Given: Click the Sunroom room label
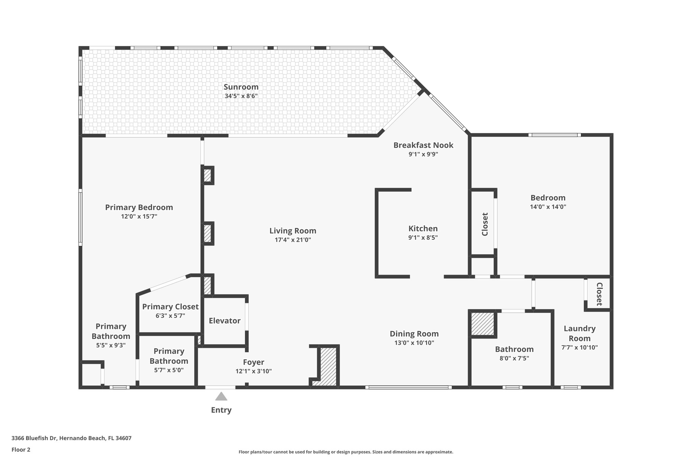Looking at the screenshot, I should tap(241, 87).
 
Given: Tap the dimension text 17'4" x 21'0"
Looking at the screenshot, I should tap(293, 240).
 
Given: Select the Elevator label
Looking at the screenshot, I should tap(224, 321).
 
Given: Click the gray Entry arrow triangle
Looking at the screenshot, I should tap(221, 396).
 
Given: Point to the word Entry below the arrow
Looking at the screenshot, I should tap(221, 410).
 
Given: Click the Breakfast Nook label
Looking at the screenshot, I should tap(423, 145).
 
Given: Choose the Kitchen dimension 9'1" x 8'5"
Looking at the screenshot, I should tap(423, 237).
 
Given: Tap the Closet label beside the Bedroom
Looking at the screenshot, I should tap(485, 224).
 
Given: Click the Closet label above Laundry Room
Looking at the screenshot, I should tap(599, 294).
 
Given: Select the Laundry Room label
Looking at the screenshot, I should tap(579, 333).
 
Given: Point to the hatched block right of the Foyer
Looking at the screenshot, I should tap(328, 366).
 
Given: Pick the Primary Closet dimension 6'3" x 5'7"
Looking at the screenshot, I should tap(170, 316).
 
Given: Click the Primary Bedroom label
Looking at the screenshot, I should tap(139, 207).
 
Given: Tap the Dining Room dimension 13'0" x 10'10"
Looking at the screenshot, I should tap(414, 343).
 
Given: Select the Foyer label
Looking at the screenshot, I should tap(253, 362).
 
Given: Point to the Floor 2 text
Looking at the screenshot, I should tap(21, 450).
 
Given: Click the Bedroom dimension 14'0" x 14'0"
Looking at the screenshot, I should tap(548, 207).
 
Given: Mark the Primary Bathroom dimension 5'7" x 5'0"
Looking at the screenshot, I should tap(169, 370).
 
